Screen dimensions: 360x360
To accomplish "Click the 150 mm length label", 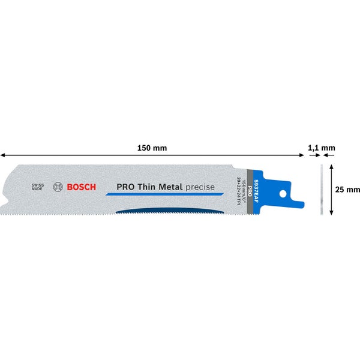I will tap(152, 148).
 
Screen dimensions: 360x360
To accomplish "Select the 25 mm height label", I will tap(347, 190).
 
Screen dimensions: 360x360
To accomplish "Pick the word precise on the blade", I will tap(200, 187).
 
